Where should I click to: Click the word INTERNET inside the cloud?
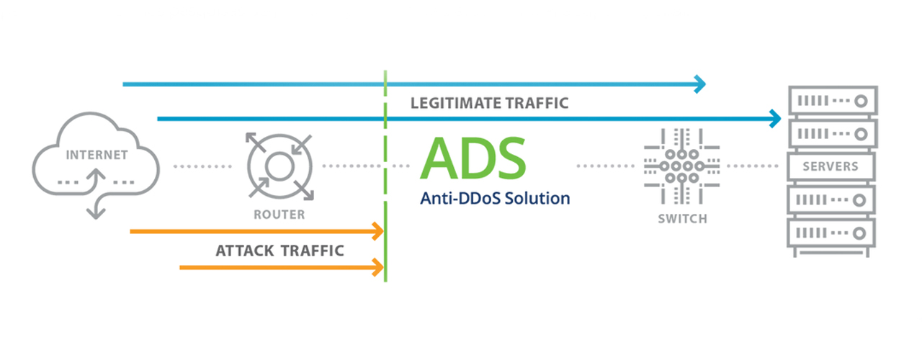click(97, 155)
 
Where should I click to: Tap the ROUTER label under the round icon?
click(279, 215)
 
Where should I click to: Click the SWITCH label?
click(682, 218)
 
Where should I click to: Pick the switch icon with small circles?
click(682, 166)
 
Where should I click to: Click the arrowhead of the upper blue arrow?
click(699, 84)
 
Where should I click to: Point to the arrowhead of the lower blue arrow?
click(776, 118)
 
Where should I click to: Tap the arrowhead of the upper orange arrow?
click(377, 232)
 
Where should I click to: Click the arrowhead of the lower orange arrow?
click(377, 268)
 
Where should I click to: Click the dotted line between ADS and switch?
click(605, 166)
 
